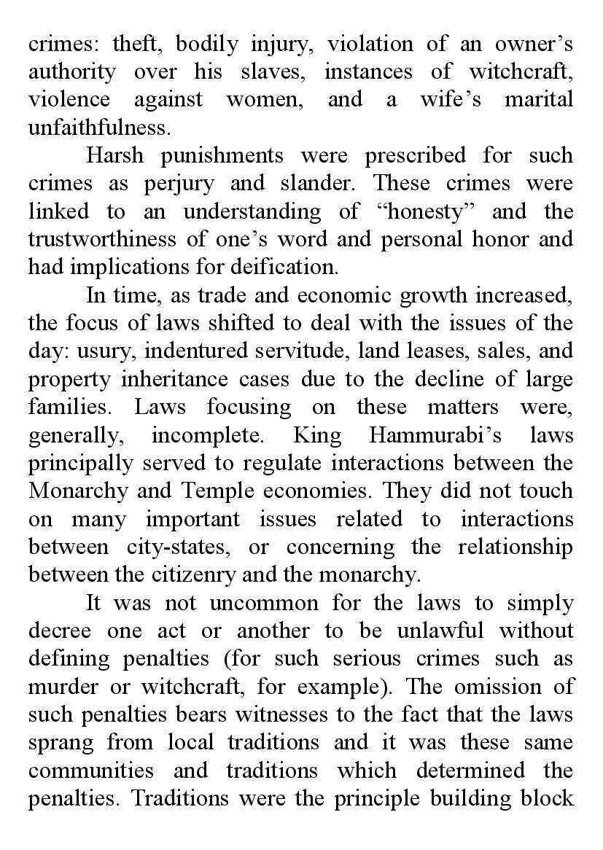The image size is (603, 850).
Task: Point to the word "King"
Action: point(317,434)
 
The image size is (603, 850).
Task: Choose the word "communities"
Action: point(91,769)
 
